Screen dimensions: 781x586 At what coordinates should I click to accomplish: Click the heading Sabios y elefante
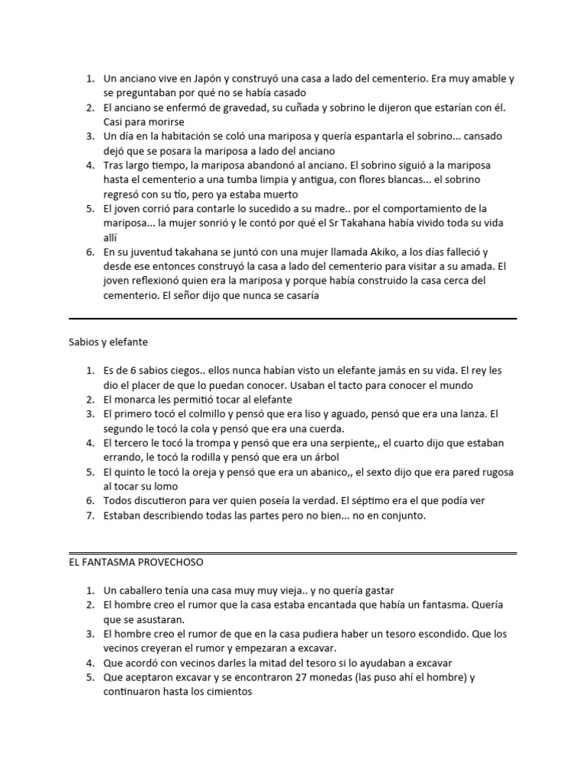click(x=112, y=342)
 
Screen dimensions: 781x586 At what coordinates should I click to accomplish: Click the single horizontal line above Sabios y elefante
click(x=293, y=318)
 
